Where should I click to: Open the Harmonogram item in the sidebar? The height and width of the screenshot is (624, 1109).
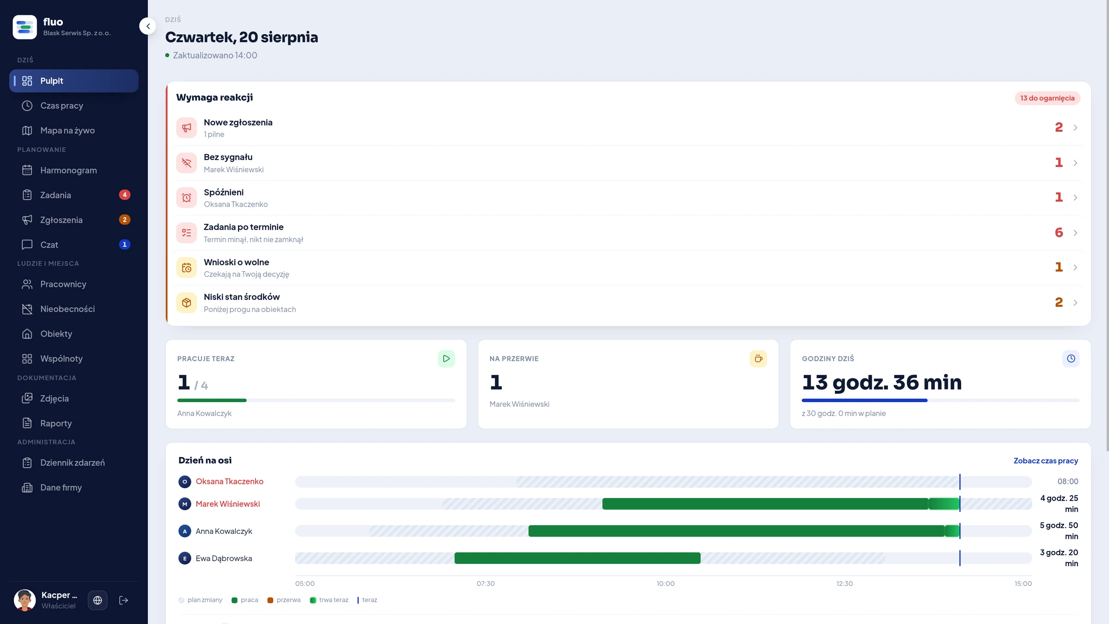68,170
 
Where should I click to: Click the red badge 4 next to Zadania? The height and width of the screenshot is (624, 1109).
124,195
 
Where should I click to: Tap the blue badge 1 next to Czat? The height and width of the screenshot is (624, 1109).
124,245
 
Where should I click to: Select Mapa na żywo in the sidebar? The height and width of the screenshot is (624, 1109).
67,130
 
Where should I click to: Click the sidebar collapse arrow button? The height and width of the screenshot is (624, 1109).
148,26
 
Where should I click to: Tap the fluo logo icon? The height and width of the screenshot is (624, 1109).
25,27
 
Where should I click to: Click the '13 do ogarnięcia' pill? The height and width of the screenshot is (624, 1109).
1047,98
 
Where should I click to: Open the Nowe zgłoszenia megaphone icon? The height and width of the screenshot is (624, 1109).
187,128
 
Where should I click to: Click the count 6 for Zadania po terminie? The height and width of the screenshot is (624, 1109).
1059,232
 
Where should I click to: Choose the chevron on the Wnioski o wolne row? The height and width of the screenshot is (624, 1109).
1075,268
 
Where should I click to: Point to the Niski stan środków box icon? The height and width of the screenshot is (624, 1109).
187,303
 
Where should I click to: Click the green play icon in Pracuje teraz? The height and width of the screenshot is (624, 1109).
446,359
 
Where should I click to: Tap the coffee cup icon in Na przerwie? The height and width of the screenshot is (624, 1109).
758,359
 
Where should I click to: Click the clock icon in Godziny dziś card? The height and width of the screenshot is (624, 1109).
1071,359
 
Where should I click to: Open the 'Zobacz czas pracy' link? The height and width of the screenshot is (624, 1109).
1046,461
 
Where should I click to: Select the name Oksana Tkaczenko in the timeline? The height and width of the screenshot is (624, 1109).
230,482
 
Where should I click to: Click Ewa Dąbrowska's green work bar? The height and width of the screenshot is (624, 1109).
578,558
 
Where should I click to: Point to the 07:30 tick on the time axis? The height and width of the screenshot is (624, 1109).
486,584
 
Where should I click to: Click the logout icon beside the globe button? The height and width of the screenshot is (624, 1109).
123,600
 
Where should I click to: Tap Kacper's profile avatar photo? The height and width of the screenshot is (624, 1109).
25,600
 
